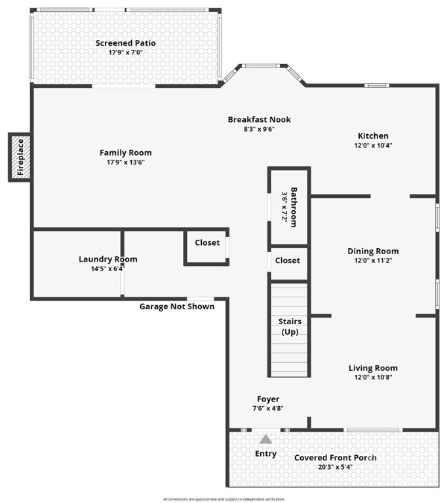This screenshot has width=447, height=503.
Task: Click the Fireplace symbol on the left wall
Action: click(20, 157)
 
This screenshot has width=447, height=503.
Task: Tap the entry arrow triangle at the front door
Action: click(265, 439)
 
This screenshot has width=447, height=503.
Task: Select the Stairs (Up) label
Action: click(289, 327)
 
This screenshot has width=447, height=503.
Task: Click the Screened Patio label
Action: click(126, 43)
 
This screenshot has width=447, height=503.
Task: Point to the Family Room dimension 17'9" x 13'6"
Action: click(125, 162)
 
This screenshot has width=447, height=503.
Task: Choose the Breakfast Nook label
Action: click(259, 119)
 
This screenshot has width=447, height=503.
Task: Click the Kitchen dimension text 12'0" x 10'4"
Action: click(373, 145)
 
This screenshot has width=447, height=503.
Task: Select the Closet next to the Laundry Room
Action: click(207, 242)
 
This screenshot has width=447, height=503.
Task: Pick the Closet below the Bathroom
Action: click(287, 260)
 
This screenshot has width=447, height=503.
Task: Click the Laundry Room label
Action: click(108, 259)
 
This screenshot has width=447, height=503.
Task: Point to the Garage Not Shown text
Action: click(177, 307)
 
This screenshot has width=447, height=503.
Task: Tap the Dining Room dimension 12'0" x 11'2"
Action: click(373, 260)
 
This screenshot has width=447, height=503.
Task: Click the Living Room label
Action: click(373, 368)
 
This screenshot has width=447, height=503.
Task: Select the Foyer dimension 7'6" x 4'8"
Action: click(267, 408)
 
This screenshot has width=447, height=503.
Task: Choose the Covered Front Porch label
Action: click(335, 457)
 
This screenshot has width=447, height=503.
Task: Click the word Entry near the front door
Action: click(265, 453)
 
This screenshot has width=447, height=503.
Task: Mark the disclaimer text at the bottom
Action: click(223, 499)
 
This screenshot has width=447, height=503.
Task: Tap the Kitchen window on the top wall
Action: click(377, 85)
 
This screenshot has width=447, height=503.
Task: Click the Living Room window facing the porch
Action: click(373, 430)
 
